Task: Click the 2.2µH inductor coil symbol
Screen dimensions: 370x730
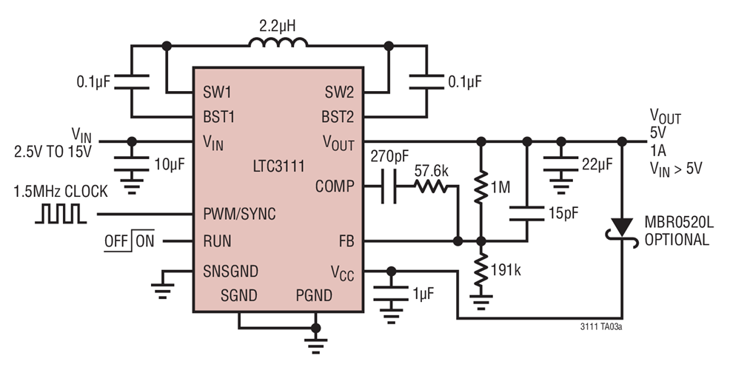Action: [278, 43]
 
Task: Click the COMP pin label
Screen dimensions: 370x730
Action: [334, 186]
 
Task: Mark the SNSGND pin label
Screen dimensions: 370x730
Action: [230, 270]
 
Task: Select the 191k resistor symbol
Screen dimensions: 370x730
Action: [480, 270]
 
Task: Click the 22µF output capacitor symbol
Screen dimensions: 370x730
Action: [560, 164]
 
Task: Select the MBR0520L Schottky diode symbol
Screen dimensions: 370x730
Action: [623, 225]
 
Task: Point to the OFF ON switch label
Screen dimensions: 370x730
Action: [129, 241]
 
